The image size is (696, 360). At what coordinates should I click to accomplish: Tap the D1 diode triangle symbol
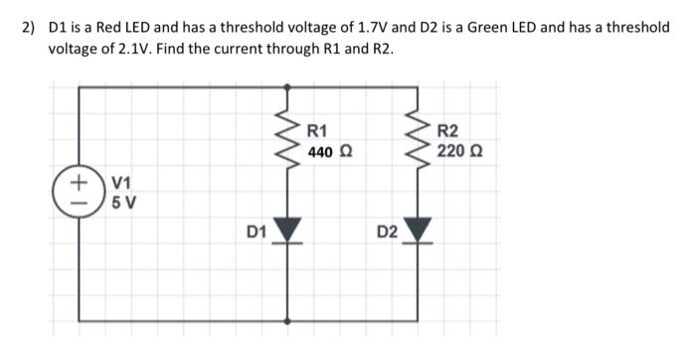(x=288, y=232)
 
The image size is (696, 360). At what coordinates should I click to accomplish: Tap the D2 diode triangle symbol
(x=419, y=232)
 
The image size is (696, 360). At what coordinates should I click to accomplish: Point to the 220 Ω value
(x=457, y=153)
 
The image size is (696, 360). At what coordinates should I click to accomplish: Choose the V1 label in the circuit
(x=121, y=183)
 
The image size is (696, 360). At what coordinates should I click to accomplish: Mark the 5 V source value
(x=123, y=204)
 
